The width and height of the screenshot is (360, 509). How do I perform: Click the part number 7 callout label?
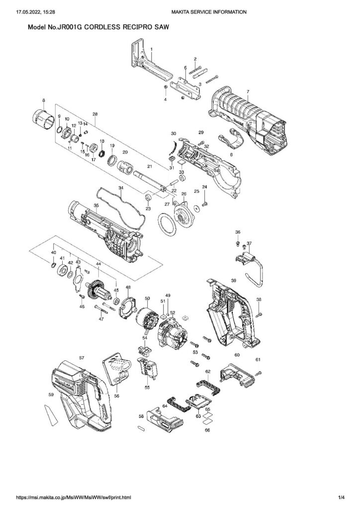(x=248, y=91)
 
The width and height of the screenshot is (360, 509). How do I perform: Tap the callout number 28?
(x=94, y=114)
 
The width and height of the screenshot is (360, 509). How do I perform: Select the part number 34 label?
(x=120, y=187)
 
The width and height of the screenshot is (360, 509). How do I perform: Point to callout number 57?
(x=82, y=357)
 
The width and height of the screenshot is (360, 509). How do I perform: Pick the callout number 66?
(x=207, y=430)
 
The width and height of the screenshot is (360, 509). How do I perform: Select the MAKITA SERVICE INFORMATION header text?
(x=208, y=11)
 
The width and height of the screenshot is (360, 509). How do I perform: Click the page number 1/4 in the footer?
(x=342, y=497)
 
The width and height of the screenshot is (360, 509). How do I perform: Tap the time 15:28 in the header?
(x=49, y=11)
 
